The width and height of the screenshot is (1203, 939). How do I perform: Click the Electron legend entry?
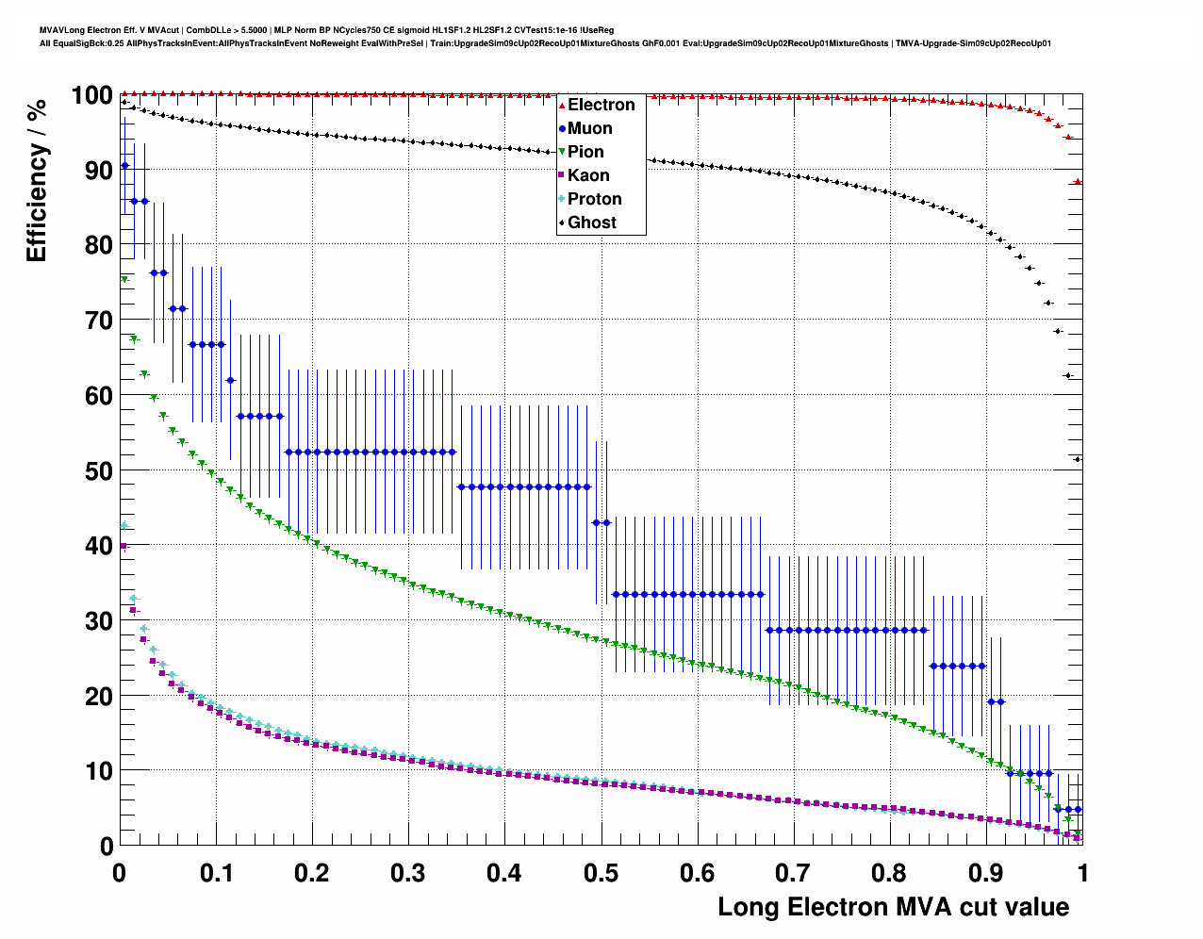pos(601,105)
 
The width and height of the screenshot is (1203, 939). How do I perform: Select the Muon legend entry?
pos(589,128)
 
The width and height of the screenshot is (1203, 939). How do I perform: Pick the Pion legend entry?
pos(585,152)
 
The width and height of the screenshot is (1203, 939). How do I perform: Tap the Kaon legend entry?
pos(587,175)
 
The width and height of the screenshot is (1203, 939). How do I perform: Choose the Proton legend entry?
pos(594,199)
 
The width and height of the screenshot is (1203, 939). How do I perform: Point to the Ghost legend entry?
pos(591,222)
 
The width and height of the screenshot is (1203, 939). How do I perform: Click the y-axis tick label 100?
pos(91,95)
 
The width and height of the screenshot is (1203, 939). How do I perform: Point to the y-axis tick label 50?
pos(98,470)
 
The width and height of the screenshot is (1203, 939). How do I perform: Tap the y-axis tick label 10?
pos(98,771)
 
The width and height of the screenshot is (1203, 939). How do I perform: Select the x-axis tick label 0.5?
pos(601,873)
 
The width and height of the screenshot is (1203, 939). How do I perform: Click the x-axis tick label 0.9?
pos(985,873)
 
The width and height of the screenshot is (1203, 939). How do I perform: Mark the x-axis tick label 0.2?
pos(311,873)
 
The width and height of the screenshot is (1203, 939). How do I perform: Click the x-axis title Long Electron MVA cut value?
pos(893,907)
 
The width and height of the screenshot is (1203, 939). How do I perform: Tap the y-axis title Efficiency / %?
pos(37,181)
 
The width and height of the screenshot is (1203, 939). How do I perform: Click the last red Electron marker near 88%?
pos(1078,181)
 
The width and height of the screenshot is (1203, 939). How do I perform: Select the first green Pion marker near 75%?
pos(124,279)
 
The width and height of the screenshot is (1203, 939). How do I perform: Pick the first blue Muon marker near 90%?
pos(124,166)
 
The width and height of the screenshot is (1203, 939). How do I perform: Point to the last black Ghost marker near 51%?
pos(1078,459)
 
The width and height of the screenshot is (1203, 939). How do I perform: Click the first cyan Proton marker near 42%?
pos(124,526)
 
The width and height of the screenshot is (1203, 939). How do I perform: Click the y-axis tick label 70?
pos(98,321)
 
